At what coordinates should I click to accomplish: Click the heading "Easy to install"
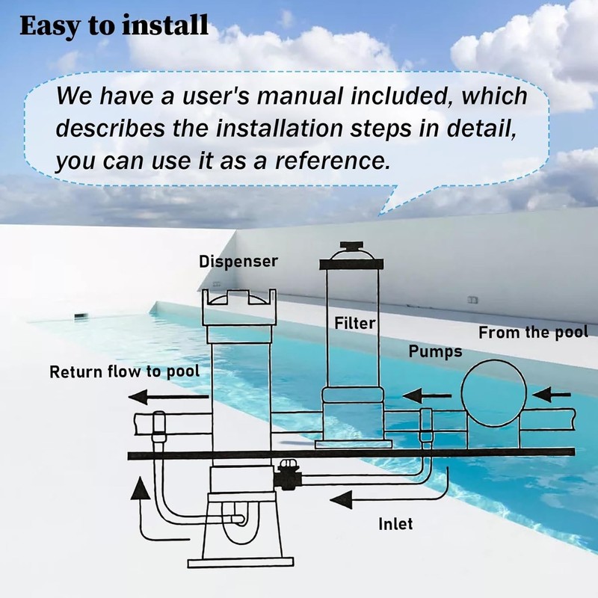114,25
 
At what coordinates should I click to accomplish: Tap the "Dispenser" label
238,262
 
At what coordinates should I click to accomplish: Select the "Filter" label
355,324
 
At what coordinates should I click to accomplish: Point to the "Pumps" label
435,351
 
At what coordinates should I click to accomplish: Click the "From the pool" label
534,333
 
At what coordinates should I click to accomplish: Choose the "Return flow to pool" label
125,372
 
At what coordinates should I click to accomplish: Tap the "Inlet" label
395,524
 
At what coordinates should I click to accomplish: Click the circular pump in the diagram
494,393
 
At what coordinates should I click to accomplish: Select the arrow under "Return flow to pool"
169,397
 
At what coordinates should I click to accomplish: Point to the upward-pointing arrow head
140,488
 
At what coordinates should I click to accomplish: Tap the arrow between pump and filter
427,395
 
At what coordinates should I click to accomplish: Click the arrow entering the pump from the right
552,395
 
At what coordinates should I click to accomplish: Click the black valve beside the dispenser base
287,475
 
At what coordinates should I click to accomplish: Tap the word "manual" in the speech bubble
300,96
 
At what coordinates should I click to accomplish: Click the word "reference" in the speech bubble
330,161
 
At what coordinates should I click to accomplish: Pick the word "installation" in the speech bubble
279,128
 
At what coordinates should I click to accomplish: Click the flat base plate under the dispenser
241,563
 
